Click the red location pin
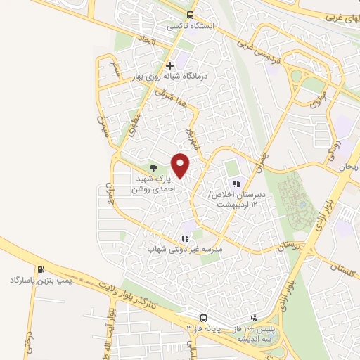pos(181,165)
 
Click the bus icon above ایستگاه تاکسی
pos(190,14)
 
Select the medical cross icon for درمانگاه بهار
pos(169,65)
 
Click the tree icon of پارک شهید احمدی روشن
pos(153,169)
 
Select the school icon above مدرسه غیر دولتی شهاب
pos(184,238)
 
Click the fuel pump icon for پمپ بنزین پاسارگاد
pos(41,269)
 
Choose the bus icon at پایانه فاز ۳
pos(203,318)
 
